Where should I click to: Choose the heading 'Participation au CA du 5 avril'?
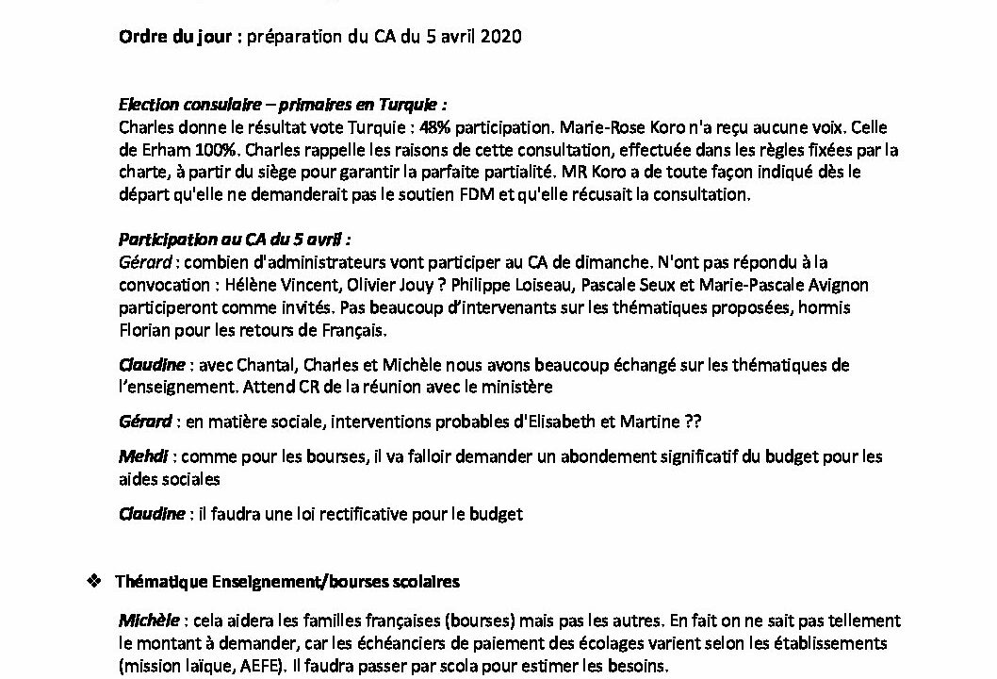(241, 241)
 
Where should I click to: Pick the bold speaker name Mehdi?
(143, 457)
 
